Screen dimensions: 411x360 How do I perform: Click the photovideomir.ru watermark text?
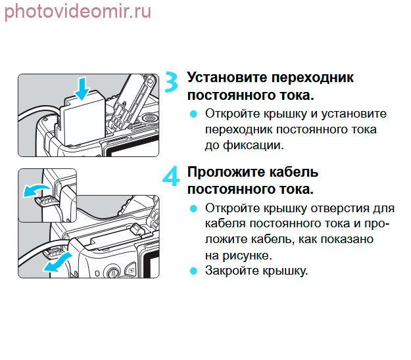click(x=78, y=12)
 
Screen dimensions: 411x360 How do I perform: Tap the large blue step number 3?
click(x=172, y=82)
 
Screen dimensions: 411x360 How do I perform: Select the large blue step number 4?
click(x=171, y=177)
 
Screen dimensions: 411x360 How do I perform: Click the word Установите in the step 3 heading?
click(x=227, y=78)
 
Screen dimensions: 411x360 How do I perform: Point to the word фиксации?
click(x=253, y=145)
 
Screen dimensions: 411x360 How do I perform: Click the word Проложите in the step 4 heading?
click(x=226, y=173)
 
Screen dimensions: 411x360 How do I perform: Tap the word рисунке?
click(x=247, y=256)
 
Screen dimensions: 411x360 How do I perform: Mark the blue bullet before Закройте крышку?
click(x=193, y=271)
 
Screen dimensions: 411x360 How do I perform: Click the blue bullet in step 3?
click(x=193, y=114)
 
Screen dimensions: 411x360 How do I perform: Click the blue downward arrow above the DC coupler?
click(x=82, y=88)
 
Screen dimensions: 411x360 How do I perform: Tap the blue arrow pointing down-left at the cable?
click(x=58, y=263)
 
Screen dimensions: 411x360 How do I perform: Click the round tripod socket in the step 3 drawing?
click(x=150, y=118)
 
